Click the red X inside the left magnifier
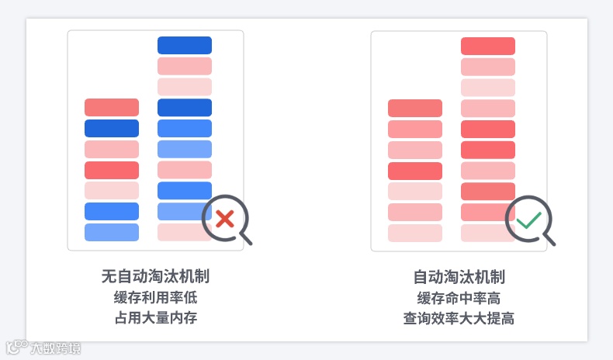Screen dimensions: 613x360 [225, 219]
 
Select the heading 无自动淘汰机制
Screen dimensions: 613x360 [155, 277]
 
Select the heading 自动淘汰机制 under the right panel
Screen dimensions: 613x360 [459, 277]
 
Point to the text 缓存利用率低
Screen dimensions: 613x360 [155, 298]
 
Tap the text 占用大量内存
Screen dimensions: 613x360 [155, 318]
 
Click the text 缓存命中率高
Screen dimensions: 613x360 [459, 298]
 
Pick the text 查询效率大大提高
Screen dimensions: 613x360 [459, 318]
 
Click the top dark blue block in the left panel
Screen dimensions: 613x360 [185, 45]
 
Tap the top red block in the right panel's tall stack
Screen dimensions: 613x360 [488, 46]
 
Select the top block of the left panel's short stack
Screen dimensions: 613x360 [112, 107]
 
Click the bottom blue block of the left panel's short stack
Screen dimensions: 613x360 [112, 232]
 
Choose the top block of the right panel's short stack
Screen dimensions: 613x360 [415, 108]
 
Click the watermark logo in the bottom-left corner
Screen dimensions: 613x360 [43, 348]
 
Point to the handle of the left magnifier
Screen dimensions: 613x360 [246, 238]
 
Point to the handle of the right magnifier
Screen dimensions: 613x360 [549, 239]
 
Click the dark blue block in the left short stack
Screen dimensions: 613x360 [112, 128]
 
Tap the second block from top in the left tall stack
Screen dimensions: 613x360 [185, 66]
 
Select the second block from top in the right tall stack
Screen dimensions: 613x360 [488, 67]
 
